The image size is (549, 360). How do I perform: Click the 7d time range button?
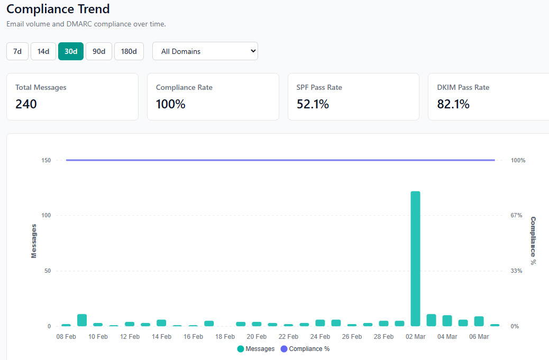[17, 51]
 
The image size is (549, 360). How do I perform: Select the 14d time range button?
[43, 51]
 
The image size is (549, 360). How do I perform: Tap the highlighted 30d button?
[71, 51]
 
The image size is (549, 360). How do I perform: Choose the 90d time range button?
[99, 51]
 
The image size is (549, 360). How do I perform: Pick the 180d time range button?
[129, 51]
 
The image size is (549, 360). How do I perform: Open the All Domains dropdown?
[205, 51]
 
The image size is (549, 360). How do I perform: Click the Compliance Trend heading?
[58, 9]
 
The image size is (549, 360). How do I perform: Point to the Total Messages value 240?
[26, 104]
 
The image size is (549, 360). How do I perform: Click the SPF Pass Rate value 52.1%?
[313, 104]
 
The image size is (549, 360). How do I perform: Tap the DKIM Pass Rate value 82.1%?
[453, 104]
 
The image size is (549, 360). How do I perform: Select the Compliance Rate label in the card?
[184, 87]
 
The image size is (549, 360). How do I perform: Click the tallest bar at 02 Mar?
[415, 259]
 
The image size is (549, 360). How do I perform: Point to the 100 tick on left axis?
[46, 216]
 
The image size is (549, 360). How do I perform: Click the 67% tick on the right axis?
[516, 216]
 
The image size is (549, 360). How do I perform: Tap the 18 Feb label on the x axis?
[225, 337]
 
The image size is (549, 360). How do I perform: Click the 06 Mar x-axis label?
[479, 337]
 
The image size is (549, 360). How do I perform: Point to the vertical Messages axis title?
[34, 241]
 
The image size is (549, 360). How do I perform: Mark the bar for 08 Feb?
[66, 325]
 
